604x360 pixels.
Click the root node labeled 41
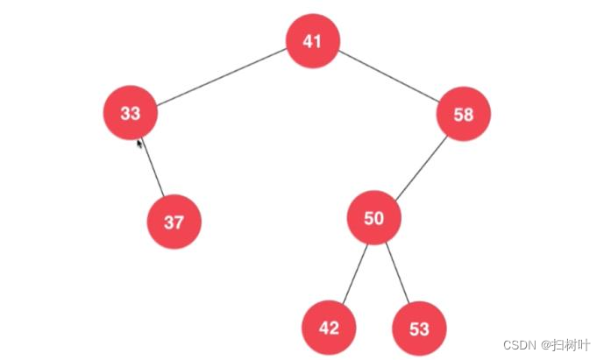pyautogui.click(x=313, y=42)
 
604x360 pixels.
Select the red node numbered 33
pyautogui.click(x=130, y=113)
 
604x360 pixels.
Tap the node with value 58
pyautogui.click(x=464, y=114)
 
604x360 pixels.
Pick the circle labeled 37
pyautogui.click(x=174, y=222)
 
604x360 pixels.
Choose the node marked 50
pyautogui.click(x=373, y=218)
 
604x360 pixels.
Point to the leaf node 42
pyautogui.click(x=329, y=328)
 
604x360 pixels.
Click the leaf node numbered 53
pyautogui.click(x=419, y=328)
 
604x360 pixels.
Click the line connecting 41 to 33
pyautogui.click(x=221, y=77)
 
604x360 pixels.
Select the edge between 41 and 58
pyautogui.click(x=388, y=77)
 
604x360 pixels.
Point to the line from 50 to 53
pyautogui.click(x=397, y=273)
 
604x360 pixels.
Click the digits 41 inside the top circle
pyautogui.click(x=313, y=42)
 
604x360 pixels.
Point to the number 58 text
pyautogui.click(x=464, y=114)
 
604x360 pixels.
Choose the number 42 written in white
pyautogui.click(x=329, y=328)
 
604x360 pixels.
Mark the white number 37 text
pyautogui.click(x=174, y=222)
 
